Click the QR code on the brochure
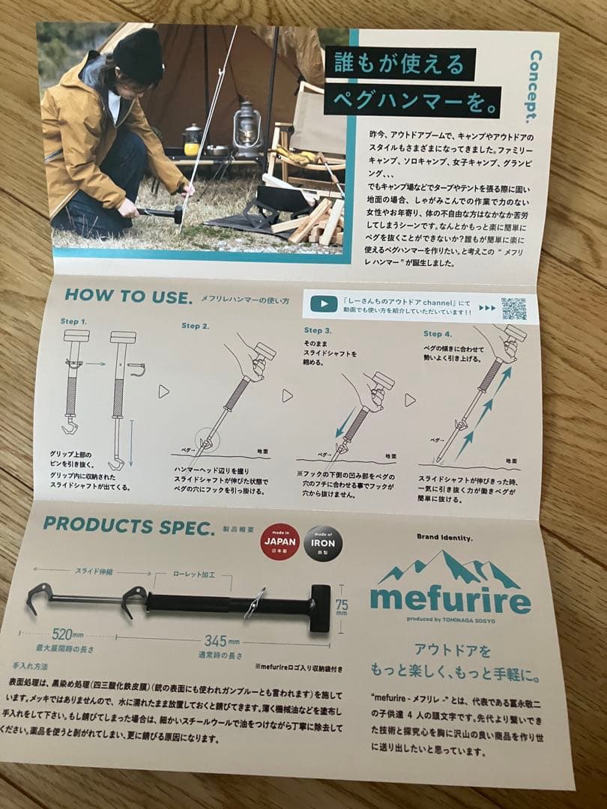[x=513, y=309]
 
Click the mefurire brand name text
[x=450, y=599]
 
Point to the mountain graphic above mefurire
[x=448, y=568]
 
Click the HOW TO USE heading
[x=128, y=296]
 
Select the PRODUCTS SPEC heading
[x=129, y=524]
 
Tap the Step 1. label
[x=73, y=321]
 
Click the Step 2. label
[x=195, y=326]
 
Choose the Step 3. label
[x=318, y=330]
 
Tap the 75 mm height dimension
[x=342, y=605]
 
